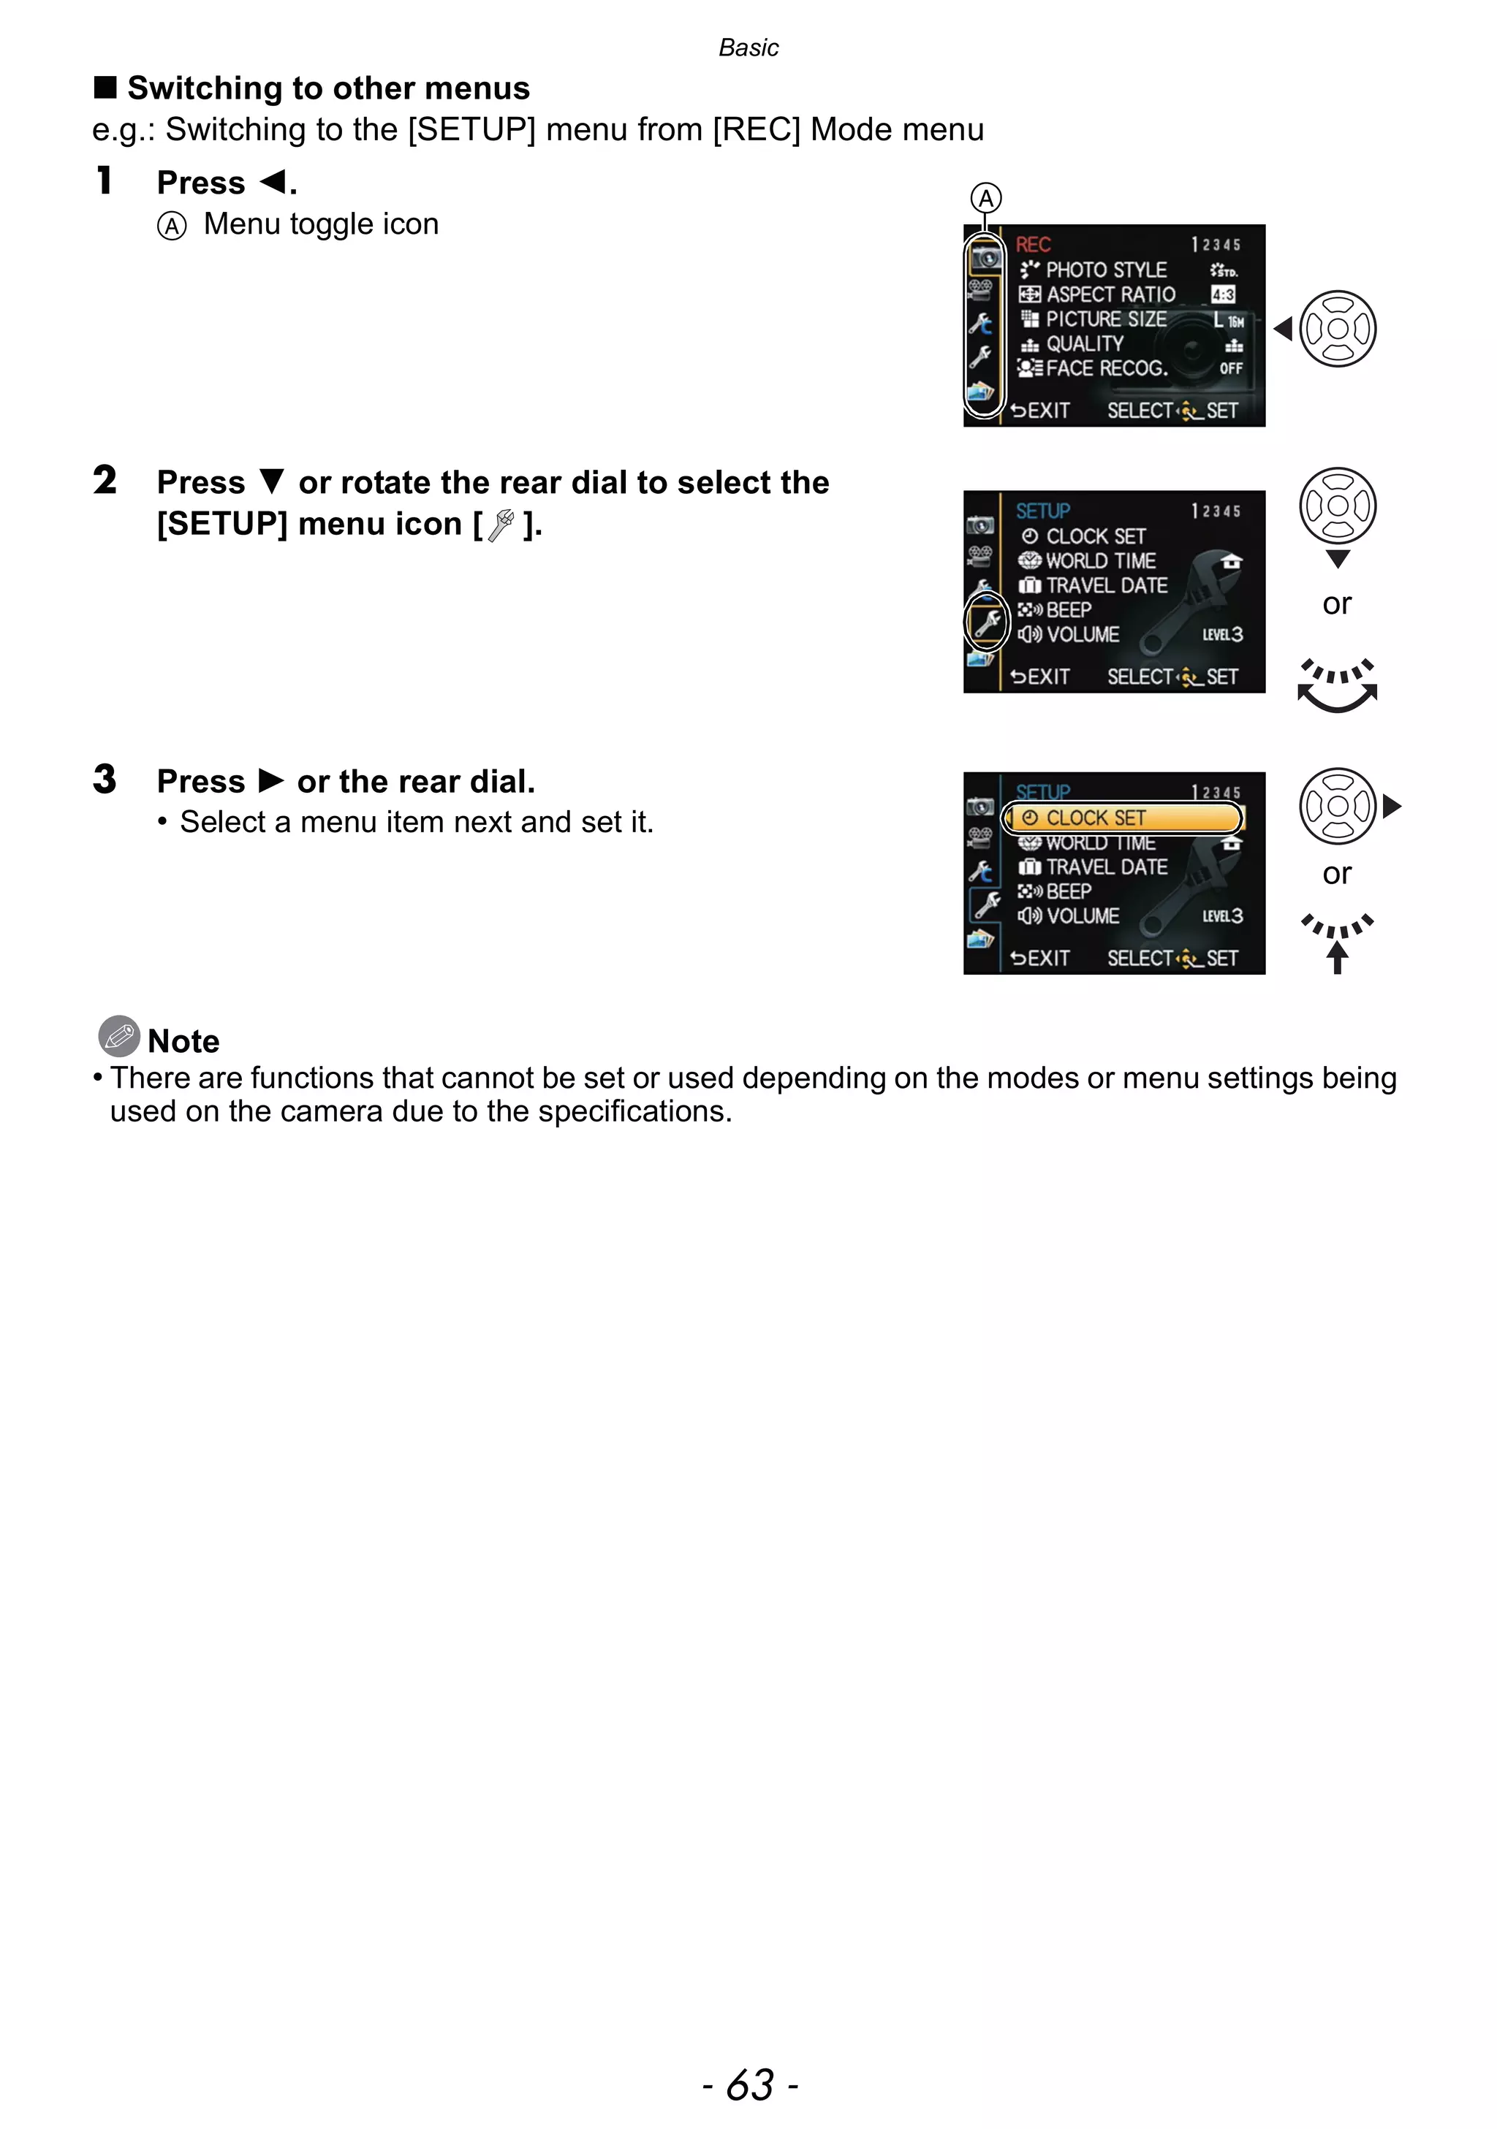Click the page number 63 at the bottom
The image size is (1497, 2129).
point(749,2084)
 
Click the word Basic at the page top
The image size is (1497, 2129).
point(748,48)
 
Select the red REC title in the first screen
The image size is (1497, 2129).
point(1032,245)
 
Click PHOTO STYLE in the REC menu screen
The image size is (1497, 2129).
point(1106,270)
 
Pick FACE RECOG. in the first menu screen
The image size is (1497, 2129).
point(1106,368)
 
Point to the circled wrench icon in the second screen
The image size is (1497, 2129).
point(987,622)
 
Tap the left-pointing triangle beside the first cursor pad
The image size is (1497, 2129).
point(1284,328)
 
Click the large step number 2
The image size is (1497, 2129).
point(105,480)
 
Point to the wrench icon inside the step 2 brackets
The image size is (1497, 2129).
point(501,525)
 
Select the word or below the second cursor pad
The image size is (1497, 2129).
point(1336,603)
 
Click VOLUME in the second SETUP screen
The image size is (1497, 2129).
point(1083,635)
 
